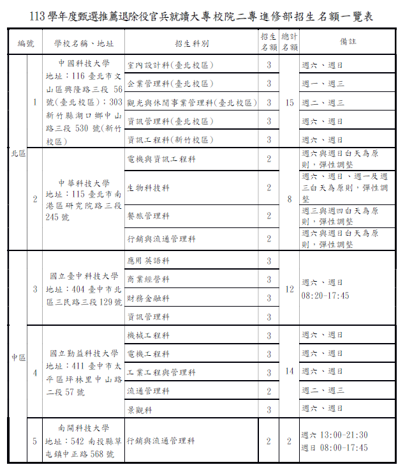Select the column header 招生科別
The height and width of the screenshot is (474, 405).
191,43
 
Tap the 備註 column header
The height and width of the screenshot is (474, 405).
348,43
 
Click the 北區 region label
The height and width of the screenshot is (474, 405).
17,153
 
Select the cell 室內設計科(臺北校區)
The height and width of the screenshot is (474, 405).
170,65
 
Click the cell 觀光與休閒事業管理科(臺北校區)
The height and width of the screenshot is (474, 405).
191,102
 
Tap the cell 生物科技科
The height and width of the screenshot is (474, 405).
149,188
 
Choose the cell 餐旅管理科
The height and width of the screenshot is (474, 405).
149,216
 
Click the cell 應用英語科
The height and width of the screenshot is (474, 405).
149,261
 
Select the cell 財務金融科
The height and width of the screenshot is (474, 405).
149,298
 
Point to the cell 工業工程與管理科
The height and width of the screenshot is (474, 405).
161,372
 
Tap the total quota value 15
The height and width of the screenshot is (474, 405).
290,102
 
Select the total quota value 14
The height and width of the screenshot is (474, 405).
290,371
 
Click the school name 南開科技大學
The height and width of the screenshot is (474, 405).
84,429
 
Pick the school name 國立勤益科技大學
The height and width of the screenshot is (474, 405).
84,353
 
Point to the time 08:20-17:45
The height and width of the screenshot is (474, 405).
325,296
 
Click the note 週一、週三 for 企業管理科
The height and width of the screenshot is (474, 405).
323,84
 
